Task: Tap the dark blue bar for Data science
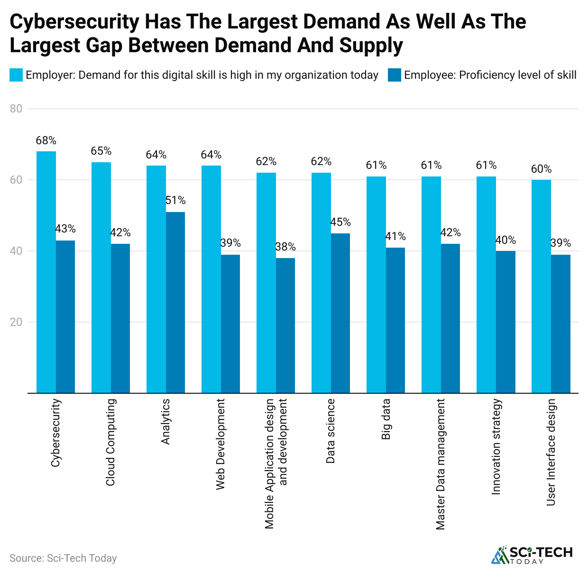point(340,313)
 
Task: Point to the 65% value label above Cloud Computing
point(101,151)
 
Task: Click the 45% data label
point(340,222)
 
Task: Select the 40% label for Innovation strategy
point(505,240)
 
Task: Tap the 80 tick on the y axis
point(16,109)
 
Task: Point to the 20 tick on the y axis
point(16,322)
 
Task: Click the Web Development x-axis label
point(220,444)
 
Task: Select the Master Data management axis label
point(441,464)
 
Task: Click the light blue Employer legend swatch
point(16,75)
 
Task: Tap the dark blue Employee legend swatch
point(394,75)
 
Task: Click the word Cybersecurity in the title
point(74,22)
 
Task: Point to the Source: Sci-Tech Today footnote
point(63,558)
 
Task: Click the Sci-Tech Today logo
point(532,555)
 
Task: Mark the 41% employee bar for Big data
point(395,320)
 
